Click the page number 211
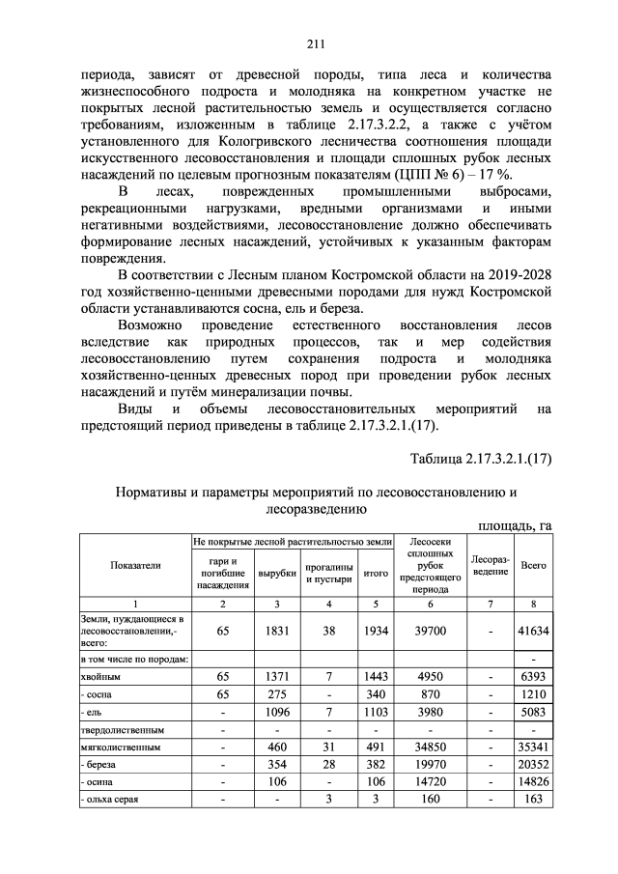pos(314,43)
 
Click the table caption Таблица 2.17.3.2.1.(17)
pos(480,459)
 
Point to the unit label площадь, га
pos(516,524)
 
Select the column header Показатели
pos(135,565)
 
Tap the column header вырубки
pos(277,573)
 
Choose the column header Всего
pos(532,565)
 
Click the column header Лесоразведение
pos(490,565)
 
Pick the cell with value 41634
pos(532,629)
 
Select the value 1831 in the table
pos(277,629)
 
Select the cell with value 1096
pos(277,713)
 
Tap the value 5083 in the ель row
pos(532,713)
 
